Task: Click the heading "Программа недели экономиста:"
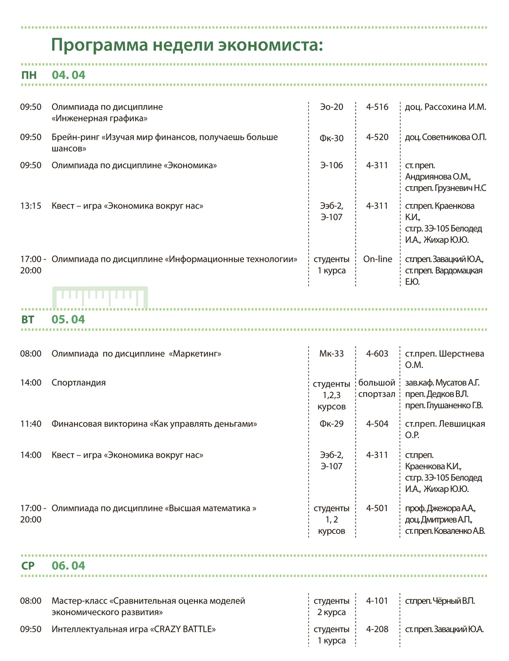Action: coord(187,45)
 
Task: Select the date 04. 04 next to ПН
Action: coord(68,75)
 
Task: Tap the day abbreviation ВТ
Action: coord(28,320)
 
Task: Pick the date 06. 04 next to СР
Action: coord(68,566)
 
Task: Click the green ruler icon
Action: coord(100,297)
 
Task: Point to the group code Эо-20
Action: coord(331,107)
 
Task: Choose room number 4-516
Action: coord(377,107)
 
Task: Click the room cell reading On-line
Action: coord(377,259)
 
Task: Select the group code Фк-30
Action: coord(331,138)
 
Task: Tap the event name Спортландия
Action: coord(78,383)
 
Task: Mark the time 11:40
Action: coord(31,424)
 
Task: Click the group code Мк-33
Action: coord(331,354)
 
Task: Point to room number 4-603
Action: coord(377,354)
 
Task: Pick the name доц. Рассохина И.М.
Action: coord(445,107)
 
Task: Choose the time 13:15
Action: coord(31,206)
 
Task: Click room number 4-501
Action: coord(377,508)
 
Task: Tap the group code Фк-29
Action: coord(331,424)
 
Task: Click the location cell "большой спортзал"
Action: coord(377,389)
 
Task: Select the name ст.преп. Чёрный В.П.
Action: coord(439,601)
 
